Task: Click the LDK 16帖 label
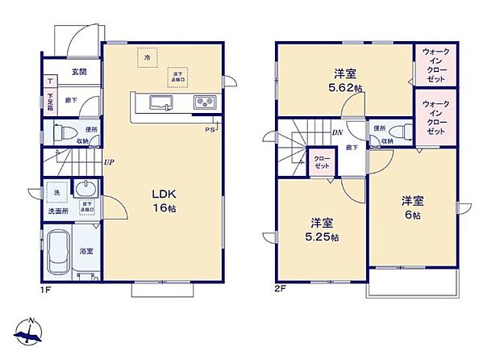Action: pos(166,200)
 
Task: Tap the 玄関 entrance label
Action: pos(78,72)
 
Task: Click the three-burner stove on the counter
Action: pos(202,102)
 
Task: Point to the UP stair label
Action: pos(108,161)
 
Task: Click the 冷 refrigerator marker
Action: pos(147,58)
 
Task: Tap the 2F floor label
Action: pos(279,287)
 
